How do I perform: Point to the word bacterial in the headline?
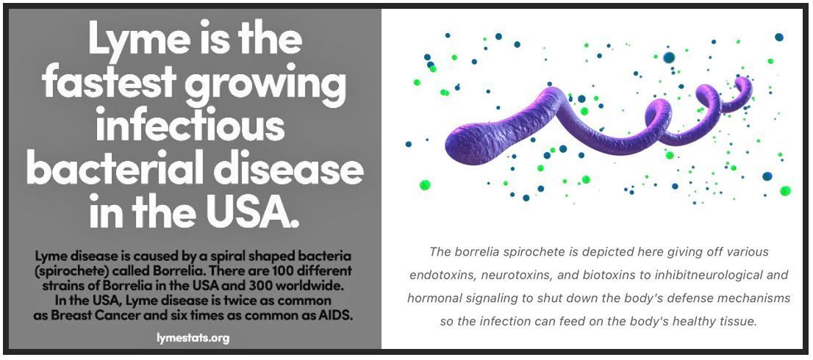(117, 171)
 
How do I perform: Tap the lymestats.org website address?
(193, 338)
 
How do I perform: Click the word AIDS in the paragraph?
(337, 314)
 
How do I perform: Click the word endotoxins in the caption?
(441, 275)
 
